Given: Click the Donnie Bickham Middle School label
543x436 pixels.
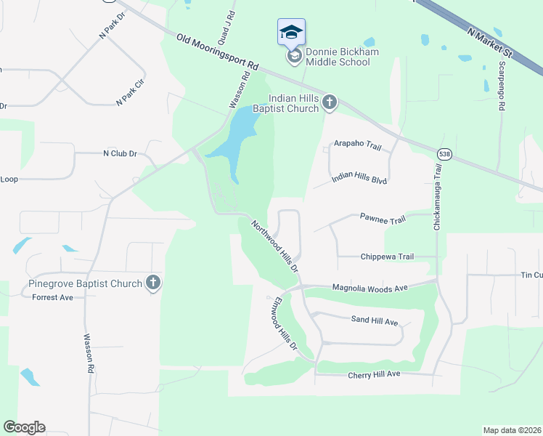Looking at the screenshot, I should tap(338, 56).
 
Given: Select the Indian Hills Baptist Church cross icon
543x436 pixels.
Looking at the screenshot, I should tap(329, 102).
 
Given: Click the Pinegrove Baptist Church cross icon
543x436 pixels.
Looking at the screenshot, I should tap(152, 283).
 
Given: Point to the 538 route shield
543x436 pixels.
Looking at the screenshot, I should tap(444, 154).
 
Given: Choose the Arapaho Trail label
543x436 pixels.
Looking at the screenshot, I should tap(357, 146).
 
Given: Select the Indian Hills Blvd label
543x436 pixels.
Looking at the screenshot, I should tap(359, 179).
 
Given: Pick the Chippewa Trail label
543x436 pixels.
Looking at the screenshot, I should tap(387, 257).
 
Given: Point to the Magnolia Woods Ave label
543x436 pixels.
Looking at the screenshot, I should tap(370, 288).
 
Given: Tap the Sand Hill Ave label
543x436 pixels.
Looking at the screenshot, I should tap(375, 320).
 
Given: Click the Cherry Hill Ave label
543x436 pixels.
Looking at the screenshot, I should tap(374, 374).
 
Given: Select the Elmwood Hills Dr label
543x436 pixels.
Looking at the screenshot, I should tap(282, 324).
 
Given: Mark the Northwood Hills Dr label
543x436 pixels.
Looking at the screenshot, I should tap(275, 246).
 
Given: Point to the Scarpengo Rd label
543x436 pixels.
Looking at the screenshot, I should tap(501, 86).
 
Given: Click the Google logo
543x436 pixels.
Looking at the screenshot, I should tap(24, 427).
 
